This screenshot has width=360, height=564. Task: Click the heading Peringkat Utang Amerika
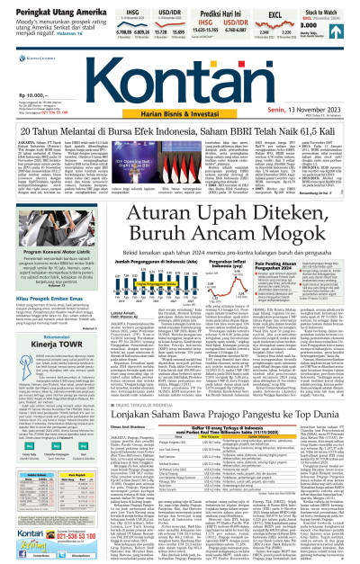[45, 8]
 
